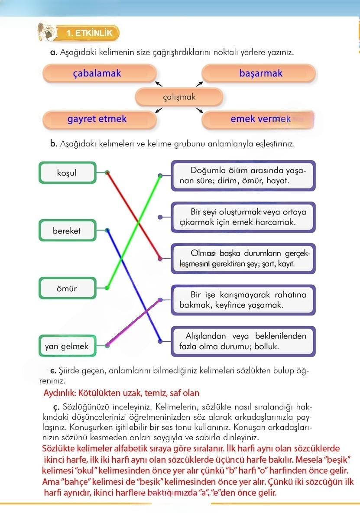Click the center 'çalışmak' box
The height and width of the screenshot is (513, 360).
pos(179,97)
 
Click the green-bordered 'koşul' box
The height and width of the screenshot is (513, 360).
pos(67,173)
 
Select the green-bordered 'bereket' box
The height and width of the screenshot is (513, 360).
pos(67,231)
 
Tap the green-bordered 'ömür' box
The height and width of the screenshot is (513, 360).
pos(67,288)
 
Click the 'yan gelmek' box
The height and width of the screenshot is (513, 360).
pos(67,346)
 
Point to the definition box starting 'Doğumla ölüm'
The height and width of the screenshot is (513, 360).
pos(243,175)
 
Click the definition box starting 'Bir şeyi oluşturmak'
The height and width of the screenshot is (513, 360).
pos(243,217)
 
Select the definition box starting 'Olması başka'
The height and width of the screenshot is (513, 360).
pos(243,258)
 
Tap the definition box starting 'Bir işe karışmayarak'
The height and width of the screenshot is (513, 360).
pos(243,300)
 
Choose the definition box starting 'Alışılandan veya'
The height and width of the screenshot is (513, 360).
pos(243,341)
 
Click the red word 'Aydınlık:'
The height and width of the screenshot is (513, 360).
pos(60,393)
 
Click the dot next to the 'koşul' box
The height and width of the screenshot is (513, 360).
pos(107,172)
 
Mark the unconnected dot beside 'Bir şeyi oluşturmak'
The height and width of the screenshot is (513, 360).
pos(160,217)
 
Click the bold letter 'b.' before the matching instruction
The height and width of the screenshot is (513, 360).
pos(54,143)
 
